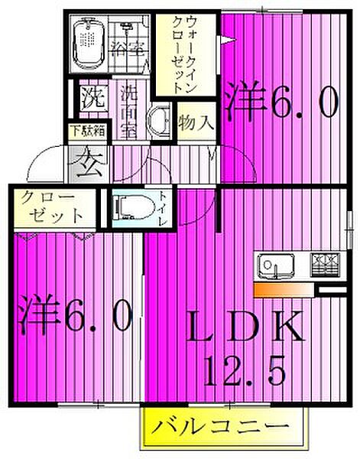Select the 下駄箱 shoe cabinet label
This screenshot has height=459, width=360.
(88, 129)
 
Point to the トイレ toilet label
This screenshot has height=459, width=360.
(164, 207)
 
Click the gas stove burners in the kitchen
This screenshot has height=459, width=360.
(326, 265)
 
